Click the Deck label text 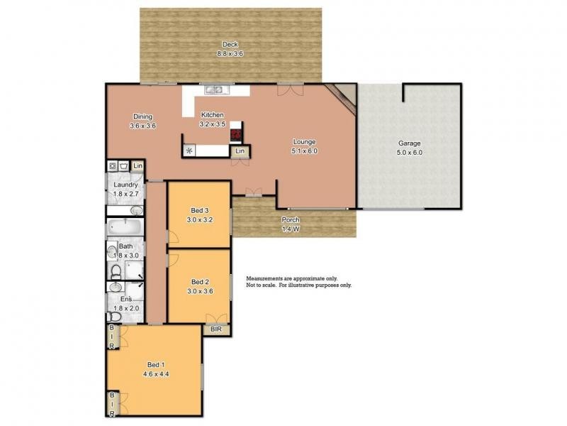(230, 44)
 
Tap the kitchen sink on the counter (213, 90)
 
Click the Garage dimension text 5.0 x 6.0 (409, 152)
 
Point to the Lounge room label (303, 141)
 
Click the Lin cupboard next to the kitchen (241, 151)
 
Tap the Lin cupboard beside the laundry (137, 165)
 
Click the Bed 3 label (199, 210)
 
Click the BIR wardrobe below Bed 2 (215, 329)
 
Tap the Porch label (291, 219)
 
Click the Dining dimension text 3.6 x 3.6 (142, 126)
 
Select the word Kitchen (213, 115)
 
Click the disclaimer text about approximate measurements (298, 282)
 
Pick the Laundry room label (125, 185)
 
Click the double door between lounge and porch (253, 192)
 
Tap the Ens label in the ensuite (125, 299)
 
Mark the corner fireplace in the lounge (345, 95)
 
